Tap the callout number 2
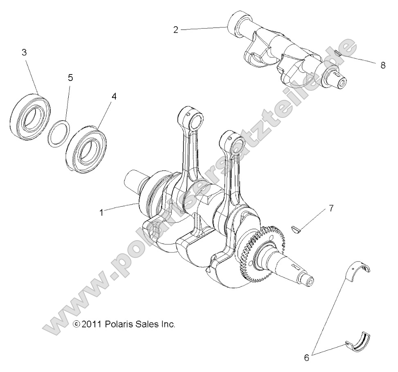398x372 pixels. tap(175, 30)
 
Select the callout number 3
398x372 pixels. tap(24, 52)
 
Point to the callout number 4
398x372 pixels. tap(114, 97)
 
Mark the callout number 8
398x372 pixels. tap(383, 65)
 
